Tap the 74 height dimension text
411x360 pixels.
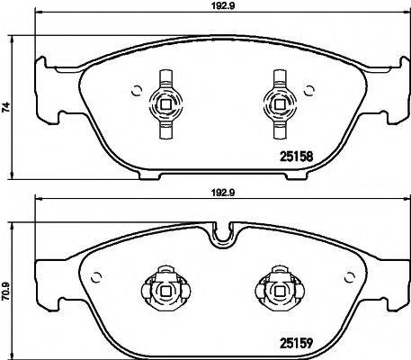pyautogui.click(x=7, y=106)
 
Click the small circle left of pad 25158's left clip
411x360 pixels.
pyautogui.click(x=135, y=89)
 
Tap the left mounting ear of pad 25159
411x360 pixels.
pyautogui.click(x=45, y=274)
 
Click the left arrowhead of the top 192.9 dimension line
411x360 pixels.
pyautogui.click(x=38, y=16)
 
